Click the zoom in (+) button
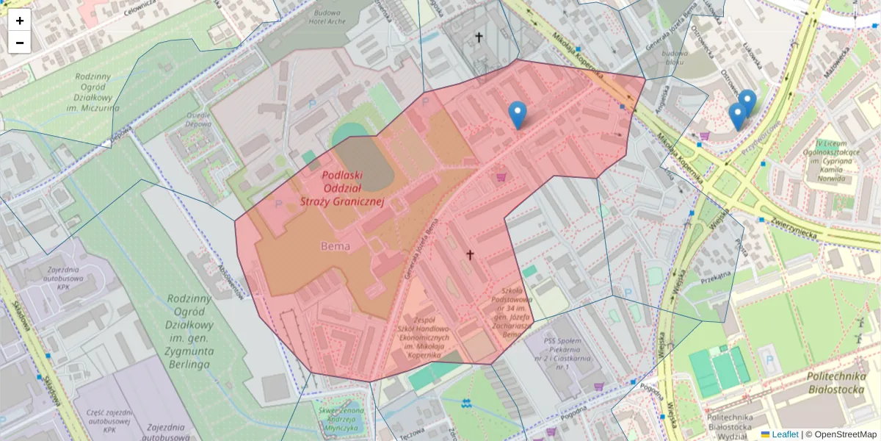pos(20,21)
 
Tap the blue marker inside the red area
pos(518,115)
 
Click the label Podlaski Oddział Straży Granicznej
pos(342,189)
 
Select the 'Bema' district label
pos(335,245)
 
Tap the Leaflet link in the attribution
pos(784,434)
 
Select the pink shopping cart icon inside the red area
pos(502,177)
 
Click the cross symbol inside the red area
pos(470,254)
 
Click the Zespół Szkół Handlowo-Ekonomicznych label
pos(432,337)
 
